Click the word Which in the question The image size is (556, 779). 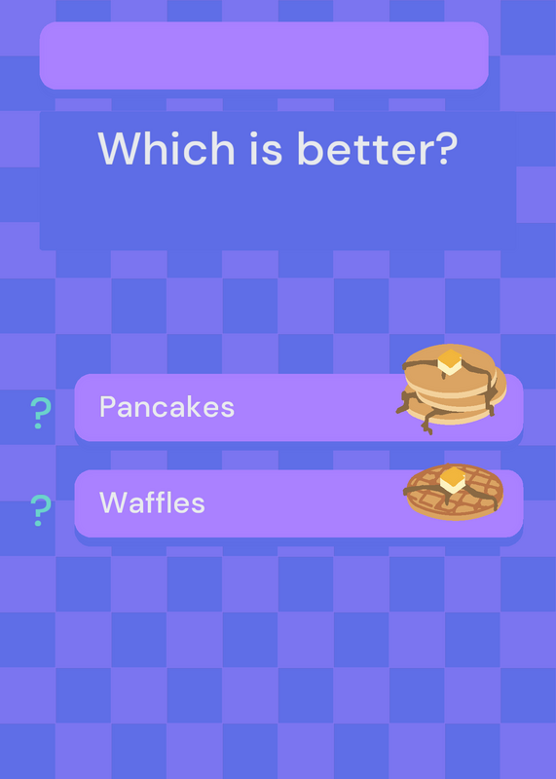pyautogui.click(x=167, y=148)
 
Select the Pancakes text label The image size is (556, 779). pyautogui.click(x=167, y=407)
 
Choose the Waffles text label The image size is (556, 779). pyautogui.click(x=152, y=502)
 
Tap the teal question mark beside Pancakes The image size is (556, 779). pyautogui.click(x=41, y=413)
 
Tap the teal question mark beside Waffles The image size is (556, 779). pyautogui.click(x=41, y=510)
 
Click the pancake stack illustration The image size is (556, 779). pyautogui.click(x=451, y=389)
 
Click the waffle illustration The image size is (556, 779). pyautogui.click(x=454, y=492)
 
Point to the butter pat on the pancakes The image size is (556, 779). pyautogui.click(x=450, y=361)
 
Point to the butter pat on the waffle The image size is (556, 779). pyautogui.click(x=453, y=480)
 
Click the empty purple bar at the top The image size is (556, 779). pyautogui.click(x=264, y=56)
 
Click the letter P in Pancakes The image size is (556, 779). pyautogui.click(x=108, y=407)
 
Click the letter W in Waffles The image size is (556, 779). pyautogui.click(x=113, y=502)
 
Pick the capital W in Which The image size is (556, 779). pyautogui.click(x=123, y=149)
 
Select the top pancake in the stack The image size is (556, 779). pyautogui.click(x=450, y=370)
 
